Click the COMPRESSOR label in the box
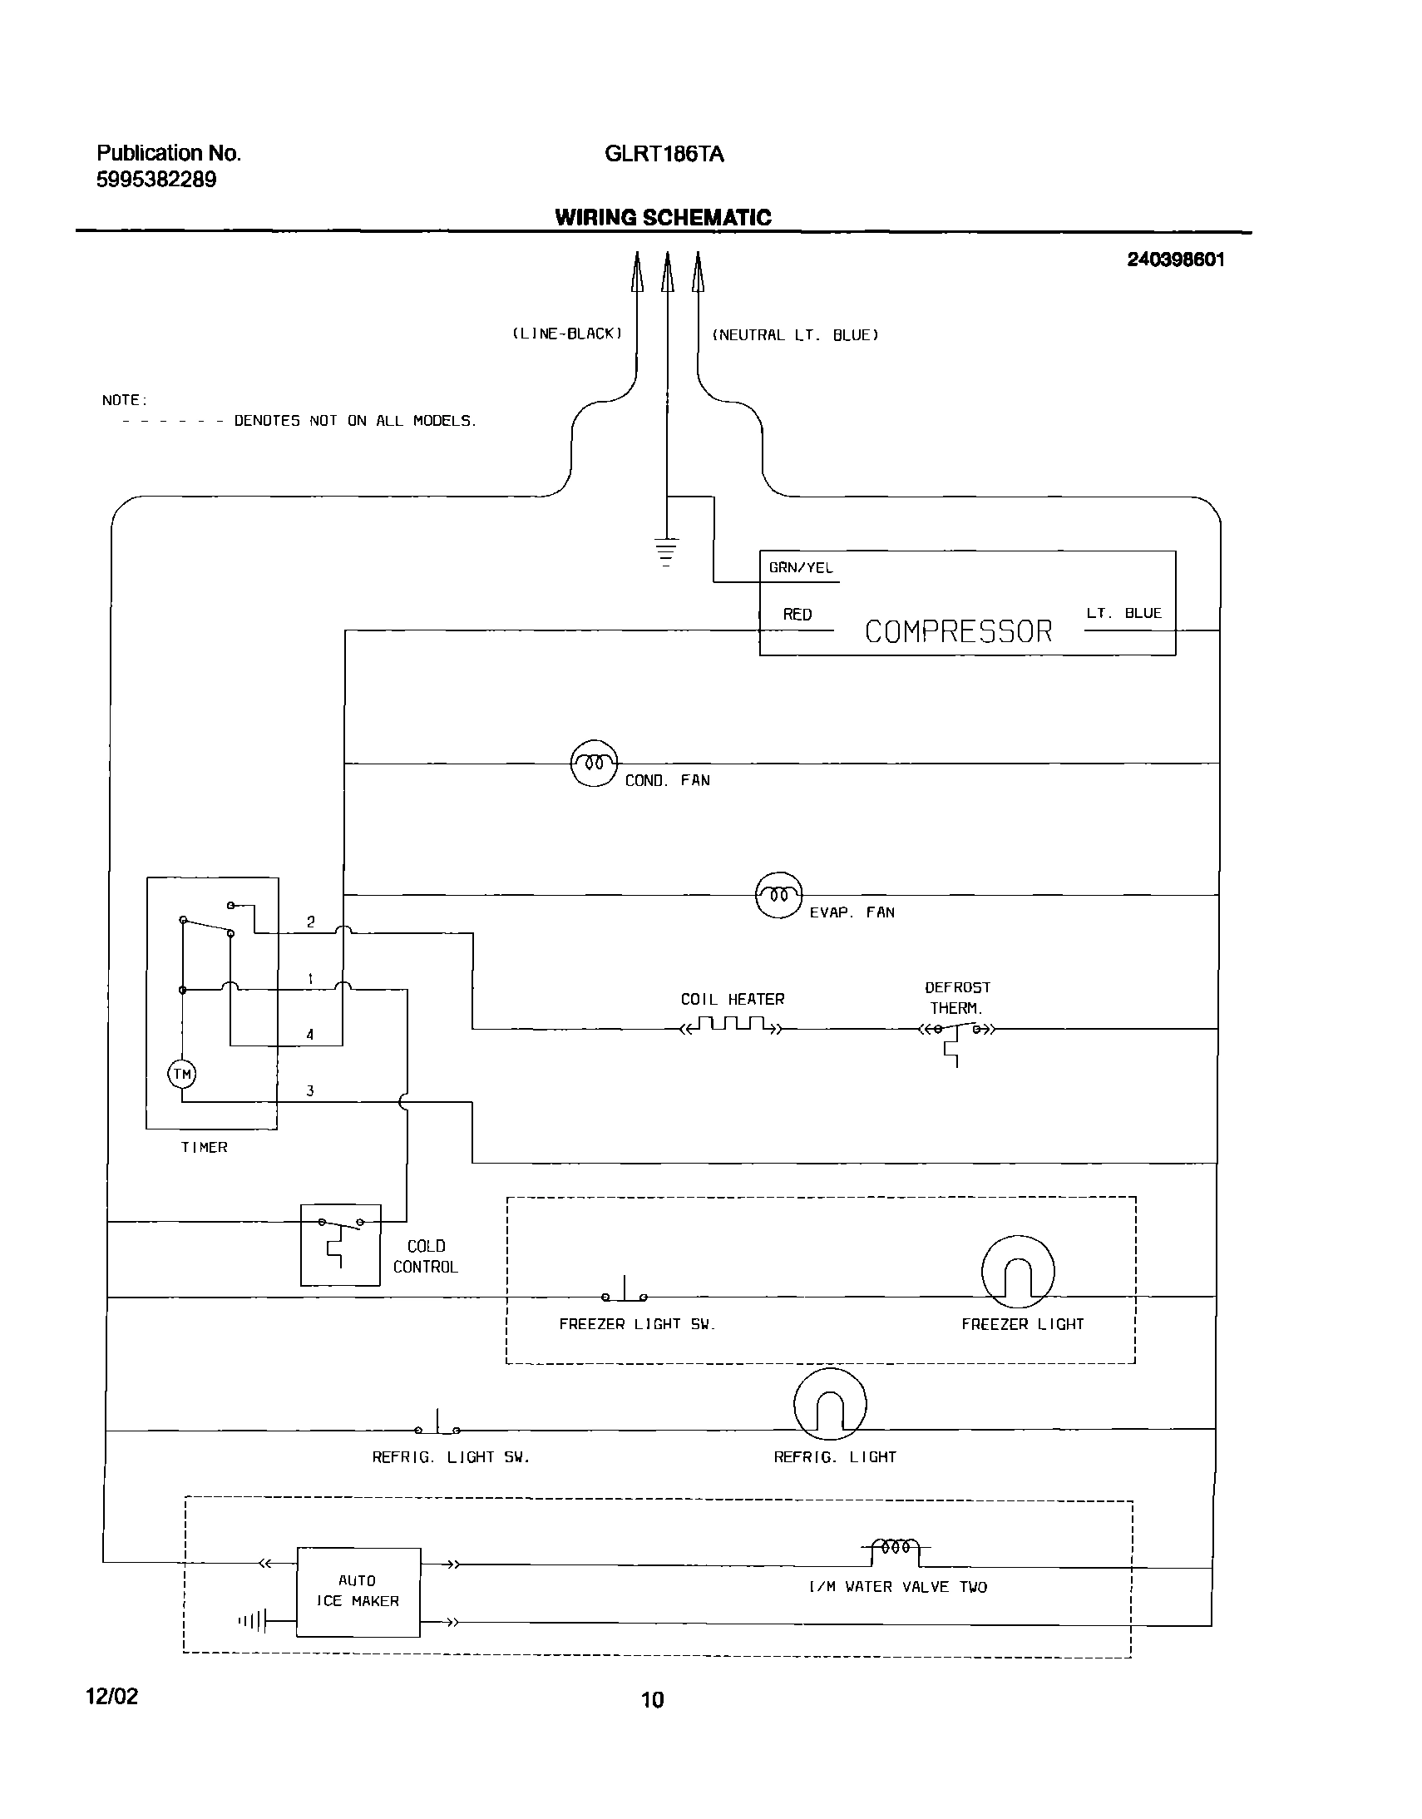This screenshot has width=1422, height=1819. [x=958, y=631]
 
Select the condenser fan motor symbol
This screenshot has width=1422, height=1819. [x=594, y=763]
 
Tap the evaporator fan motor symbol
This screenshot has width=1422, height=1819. [x=778, y=894]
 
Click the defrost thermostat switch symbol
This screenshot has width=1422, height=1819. [x=955, y=1033]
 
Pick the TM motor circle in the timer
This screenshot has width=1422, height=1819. [x=182, y=1074]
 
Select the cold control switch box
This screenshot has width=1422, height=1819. [x=339, y=1244]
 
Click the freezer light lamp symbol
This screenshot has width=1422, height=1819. [x=1017, y=1271]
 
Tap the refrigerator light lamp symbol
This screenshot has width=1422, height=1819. [x=830, y=1404]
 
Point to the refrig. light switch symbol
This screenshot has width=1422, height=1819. [x=438, y=1426]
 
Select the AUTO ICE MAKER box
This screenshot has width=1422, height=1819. [x=358, y=1592]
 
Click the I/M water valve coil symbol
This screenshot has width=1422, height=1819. [x=895, y=1548]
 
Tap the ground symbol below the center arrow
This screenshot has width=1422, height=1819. [x=666, y=552]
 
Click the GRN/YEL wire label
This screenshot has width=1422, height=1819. [x=800, y=568]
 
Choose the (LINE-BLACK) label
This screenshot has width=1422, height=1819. [x=567, y=334]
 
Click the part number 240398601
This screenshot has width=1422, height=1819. [x=1176, y=260]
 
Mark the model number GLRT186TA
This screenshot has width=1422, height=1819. [x=664, y=154]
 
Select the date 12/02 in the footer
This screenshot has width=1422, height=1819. [x=112, y=1697]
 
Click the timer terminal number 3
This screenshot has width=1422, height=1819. [x=309, y=1090]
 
